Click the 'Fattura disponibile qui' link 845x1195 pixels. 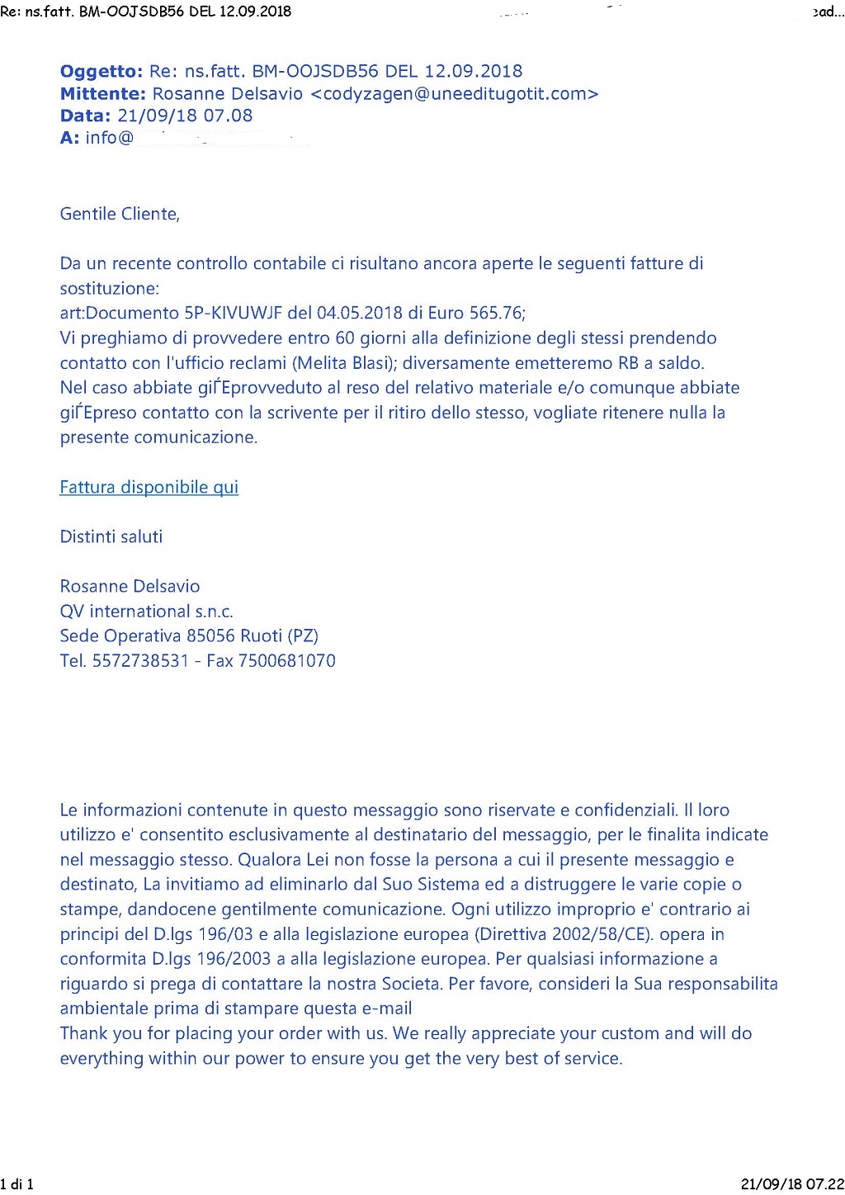pos(149,487)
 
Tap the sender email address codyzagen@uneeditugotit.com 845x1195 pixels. pos(454,93)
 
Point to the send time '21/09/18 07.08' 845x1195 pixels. pos(185,116)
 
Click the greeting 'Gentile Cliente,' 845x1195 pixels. pos(120,214)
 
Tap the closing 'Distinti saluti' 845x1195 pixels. pos(111,536)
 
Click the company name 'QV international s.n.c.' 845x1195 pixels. pos(146,611)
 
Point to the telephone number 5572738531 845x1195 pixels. pos(140,660)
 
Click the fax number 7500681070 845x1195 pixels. pos(286,660)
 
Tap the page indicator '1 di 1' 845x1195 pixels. pos(17,1184)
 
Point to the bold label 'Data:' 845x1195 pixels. pos(85,116)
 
